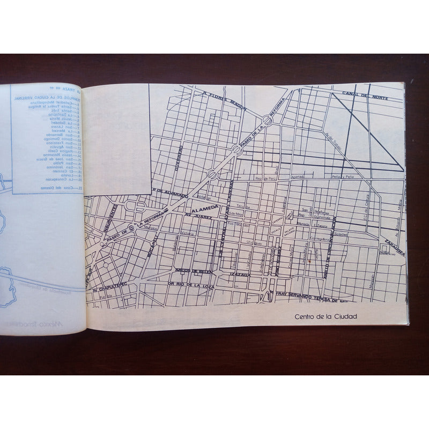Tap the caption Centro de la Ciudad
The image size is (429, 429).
[x=326, y=316]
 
